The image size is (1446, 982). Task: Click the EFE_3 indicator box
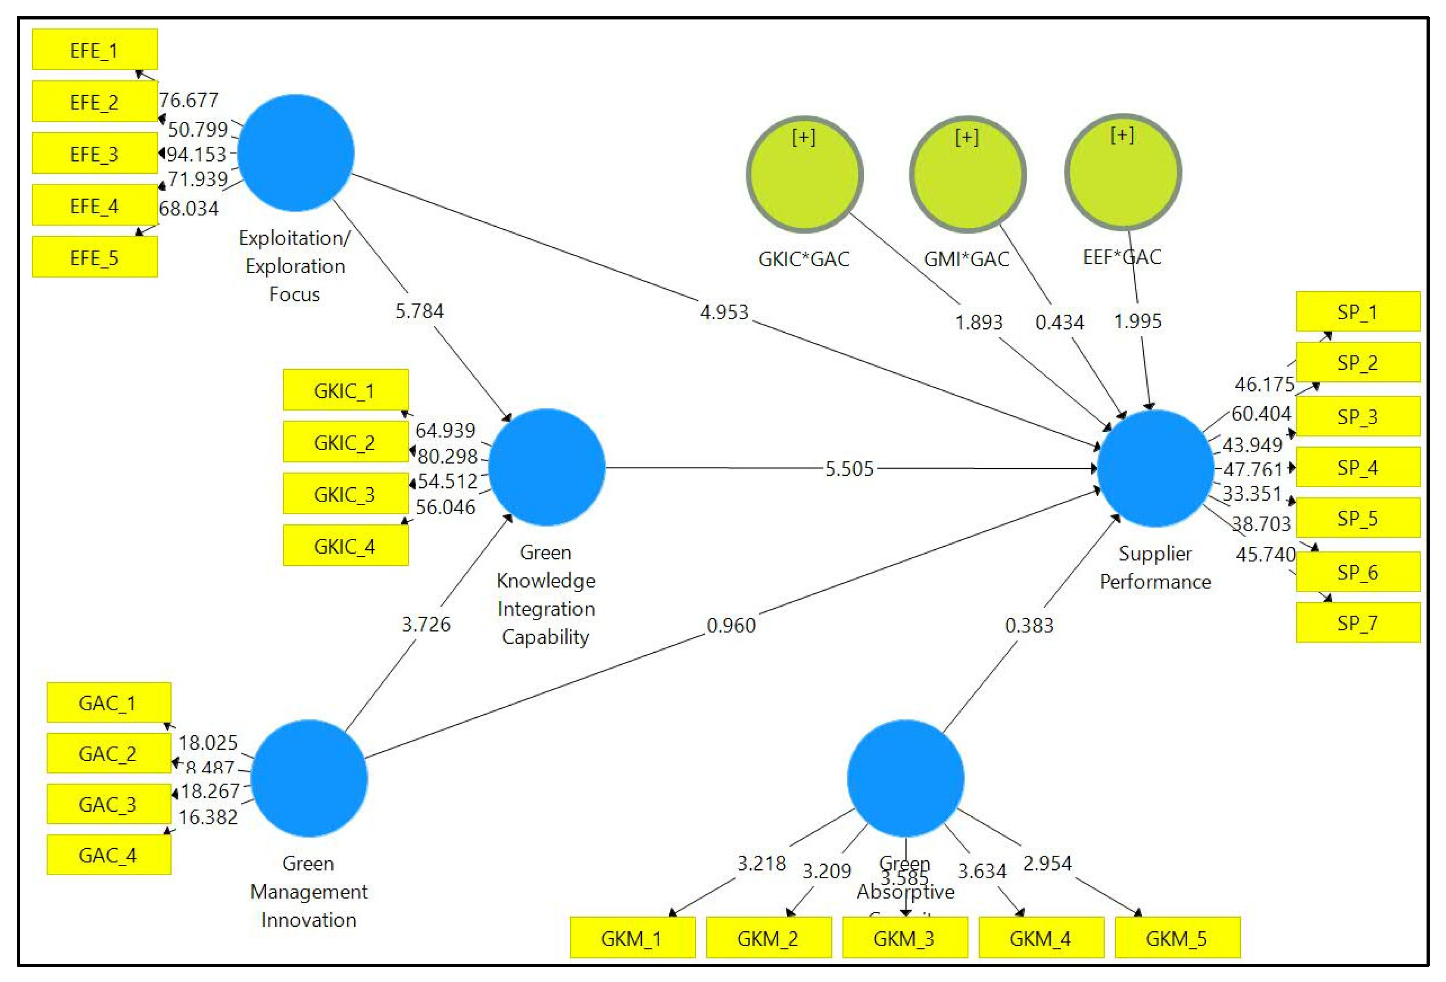point(95,153)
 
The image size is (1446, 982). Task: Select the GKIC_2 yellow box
point(345,442)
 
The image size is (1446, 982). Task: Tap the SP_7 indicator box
point(1358,623)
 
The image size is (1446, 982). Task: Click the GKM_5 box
point(1177,938)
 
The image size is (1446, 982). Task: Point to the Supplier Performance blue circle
point(1155,468)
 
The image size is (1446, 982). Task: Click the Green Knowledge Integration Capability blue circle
point(546,467)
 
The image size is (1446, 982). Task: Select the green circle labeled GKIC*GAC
point(804,175)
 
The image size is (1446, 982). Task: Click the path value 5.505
point(849,469)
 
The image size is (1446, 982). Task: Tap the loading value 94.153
point(196,154)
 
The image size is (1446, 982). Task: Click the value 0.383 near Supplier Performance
point(1029,625)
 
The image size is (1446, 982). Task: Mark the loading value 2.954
point(1047,863)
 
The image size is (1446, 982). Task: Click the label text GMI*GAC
point(966,259)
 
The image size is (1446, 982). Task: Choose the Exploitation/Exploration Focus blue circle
point(296,153)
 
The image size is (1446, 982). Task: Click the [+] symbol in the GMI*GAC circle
point(966,137)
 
